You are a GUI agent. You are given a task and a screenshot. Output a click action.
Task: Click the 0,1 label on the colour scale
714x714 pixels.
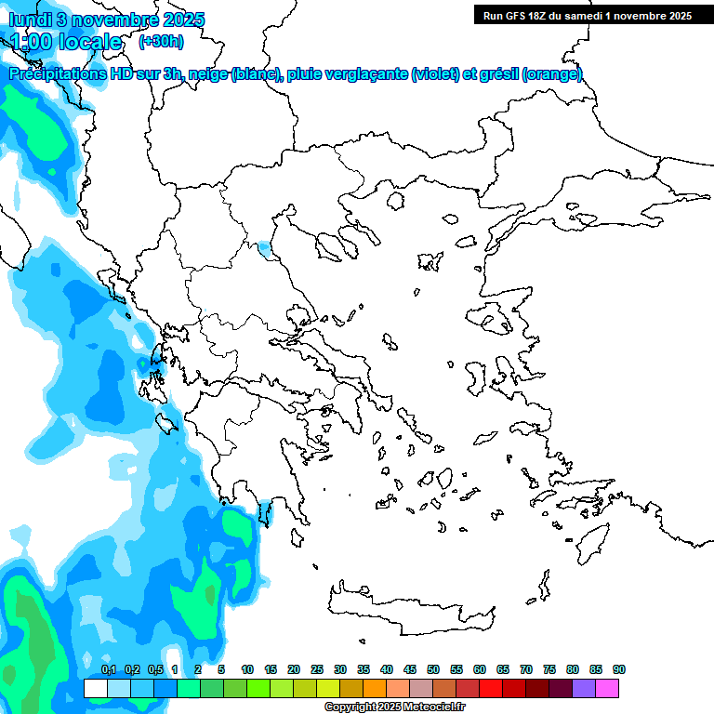108,669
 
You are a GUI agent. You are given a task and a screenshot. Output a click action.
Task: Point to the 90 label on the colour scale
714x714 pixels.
618,669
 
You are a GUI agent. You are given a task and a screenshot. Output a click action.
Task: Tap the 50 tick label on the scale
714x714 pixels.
433,669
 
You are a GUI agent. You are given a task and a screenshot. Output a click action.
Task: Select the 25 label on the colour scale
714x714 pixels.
317,669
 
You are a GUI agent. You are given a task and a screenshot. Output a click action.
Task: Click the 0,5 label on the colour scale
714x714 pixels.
154,669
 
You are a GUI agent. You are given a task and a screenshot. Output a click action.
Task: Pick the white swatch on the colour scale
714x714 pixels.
96,688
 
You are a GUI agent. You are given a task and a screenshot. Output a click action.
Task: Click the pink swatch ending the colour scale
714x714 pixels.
607,688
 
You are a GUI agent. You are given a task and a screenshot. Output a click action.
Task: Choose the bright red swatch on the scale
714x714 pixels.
491,688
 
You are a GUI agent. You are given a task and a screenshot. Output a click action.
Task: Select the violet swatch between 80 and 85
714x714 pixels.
584,688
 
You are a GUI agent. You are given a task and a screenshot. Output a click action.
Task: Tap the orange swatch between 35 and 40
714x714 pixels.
375,688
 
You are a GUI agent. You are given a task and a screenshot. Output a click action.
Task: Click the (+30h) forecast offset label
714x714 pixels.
161,41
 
